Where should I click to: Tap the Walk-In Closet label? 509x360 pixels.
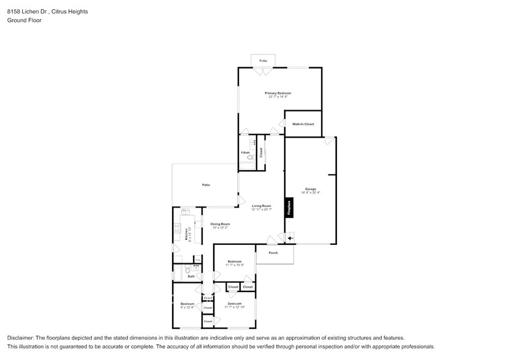click(303, 124)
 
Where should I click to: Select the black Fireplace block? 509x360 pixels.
click(288, 208)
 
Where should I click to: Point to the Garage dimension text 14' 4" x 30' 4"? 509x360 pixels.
click(311, 192)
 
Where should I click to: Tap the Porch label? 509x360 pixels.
click(273, 253)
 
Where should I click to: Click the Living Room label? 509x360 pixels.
click(261, 206)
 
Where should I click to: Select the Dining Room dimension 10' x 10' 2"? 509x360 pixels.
click(220, 228)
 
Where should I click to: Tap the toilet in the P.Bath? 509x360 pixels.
click(249, 158)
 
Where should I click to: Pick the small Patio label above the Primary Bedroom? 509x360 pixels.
click(263, 61)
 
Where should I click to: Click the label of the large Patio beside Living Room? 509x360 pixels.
click(206, 184)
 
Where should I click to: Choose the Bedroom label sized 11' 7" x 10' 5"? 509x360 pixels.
click(235, 261)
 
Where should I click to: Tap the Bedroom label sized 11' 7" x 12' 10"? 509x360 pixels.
click(235, 304)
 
